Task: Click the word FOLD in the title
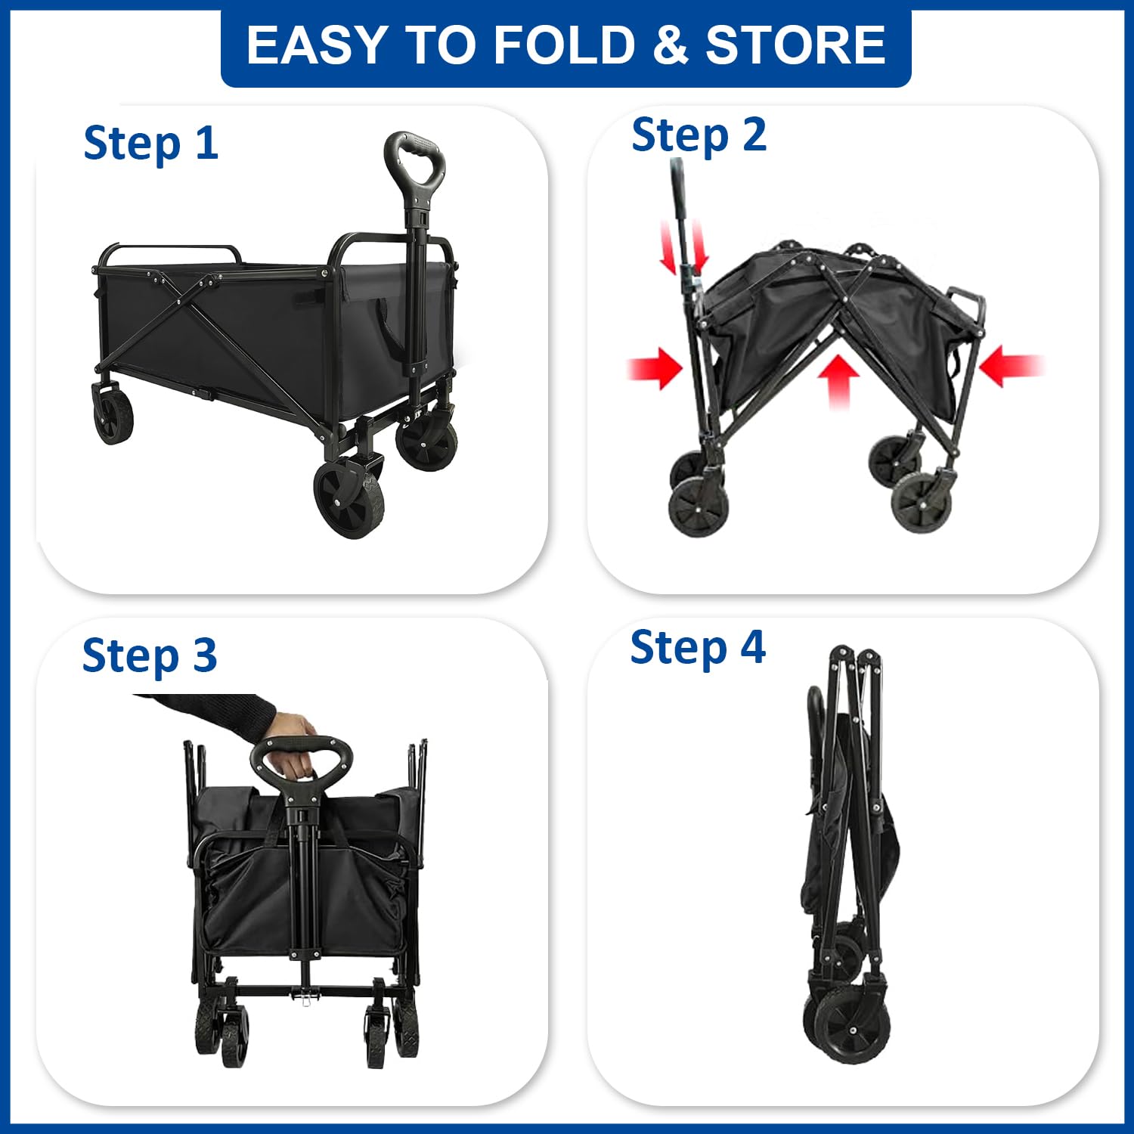pyautogui.click(x=564, y=45)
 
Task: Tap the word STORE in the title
pyautogui.click(x=795, y=45)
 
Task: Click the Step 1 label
pyautogui.click(x=150, y=144)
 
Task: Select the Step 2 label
pyautogui.click(x=699, y=136)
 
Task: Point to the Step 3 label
pyautogui.click(x=150, y=655)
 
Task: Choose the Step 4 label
pyautogui.click(x=697, y=648)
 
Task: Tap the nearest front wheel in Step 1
pyautogui.click(x=349, y=498)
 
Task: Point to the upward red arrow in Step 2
pyautogui.click(x=839, y=382)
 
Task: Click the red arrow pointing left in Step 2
pyautogui.click(x=1011, y=366)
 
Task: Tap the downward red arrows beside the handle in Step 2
pyautogui.click(x=684, y=247)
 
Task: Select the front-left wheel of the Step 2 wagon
pyautogui.click(x=698, y=507)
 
